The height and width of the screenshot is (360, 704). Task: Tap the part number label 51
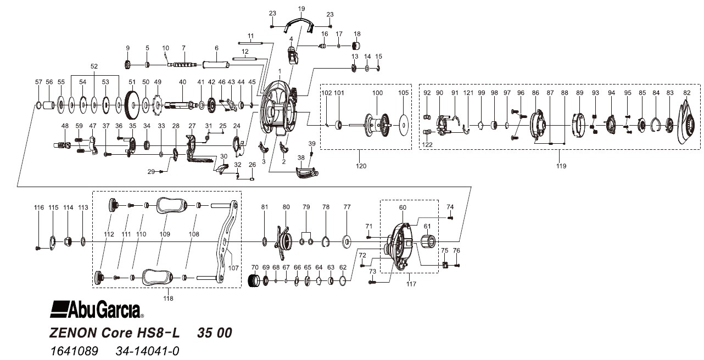coord(132,82)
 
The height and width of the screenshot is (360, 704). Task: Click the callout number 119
coord(560,165)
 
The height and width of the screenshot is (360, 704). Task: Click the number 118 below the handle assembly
coord(168,298)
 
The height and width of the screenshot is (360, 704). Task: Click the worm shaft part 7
coord(184,65)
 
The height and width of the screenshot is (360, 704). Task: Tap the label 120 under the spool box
coord(361,165)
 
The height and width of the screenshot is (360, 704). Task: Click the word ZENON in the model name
coord(71,333)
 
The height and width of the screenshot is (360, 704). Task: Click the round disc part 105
coord(404,124)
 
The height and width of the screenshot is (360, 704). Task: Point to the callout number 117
coord(411,284)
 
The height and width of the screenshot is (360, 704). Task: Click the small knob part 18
coord(356,46)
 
